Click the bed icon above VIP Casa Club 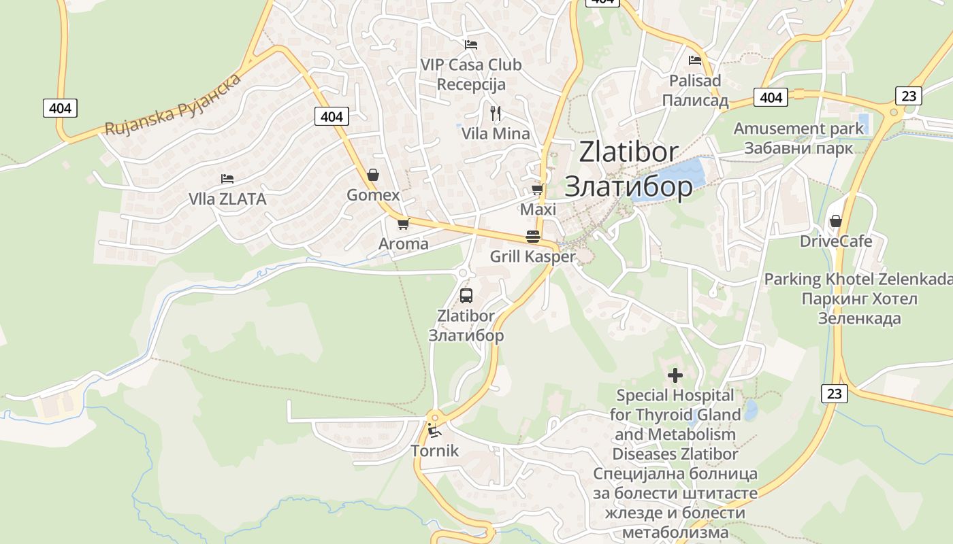click(x=470, y=45)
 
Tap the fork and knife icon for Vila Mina click(x=495, y=113)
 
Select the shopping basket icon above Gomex click(x=372, y=175)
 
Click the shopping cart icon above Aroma click(x=403, y=223)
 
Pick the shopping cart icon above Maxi click(x=537, y=189)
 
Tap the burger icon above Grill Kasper click(x=532, y=237)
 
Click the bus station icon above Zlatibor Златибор click(x=466, y=296)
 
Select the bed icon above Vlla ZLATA click(x=227, y=179)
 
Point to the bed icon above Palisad click(x=694, y=61)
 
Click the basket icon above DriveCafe click(x=835, y=221)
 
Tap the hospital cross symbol click(x=675, y=375)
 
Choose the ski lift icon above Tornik click(x=434, y=430)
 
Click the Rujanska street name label click(x=173, y=104)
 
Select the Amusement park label click(x=798, y=129)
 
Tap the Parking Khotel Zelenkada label click(x=858, y=279)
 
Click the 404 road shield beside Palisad click(x=771, y=97)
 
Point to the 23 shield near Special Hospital click(x=835, y=393)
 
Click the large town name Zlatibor click(x=628, y=152)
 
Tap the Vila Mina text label click(x=496, y=133)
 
